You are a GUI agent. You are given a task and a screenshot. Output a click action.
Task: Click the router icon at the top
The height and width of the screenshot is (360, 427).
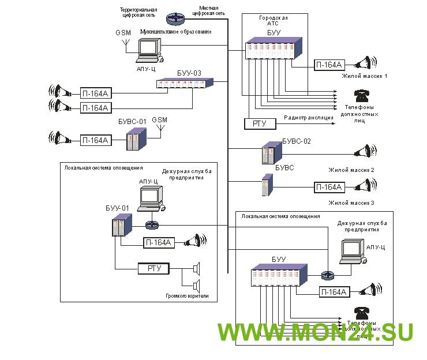tap(173, 20)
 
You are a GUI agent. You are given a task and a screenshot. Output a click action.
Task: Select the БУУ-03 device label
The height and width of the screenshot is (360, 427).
tap(189, 73)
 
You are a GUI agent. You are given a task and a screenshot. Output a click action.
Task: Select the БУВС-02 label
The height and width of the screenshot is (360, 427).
tap(297, 141)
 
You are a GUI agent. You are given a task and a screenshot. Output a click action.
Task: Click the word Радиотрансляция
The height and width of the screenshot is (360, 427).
tap(309, 118)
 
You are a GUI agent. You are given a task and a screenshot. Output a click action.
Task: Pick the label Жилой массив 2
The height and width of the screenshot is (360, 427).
tap(351, 170)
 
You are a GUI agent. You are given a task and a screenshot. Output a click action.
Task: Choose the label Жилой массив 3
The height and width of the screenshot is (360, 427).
tap(351, 202)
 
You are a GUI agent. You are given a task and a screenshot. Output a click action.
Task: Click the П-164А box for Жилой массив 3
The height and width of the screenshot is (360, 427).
tap(329, 187)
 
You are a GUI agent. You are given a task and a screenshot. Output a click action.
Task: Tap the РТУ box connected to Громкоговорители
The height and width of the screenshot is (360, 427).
tap(153, 268)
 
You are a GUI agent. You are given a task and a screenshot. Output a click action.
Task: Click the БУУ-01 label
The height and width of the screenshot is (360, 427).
tap(117, 208)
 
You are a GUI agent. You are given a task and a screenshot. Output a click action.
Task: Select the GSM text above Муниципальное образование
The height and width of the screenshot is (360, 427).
tap(123, 32)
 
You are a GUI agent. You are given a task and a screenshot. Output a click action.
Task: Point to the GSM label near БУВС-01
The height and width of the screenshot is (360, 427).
tap(159, 120)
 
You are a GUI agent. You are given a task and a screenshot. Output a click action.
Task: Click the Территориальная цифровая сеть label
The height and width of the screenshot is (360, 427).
tap(138, 13)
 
